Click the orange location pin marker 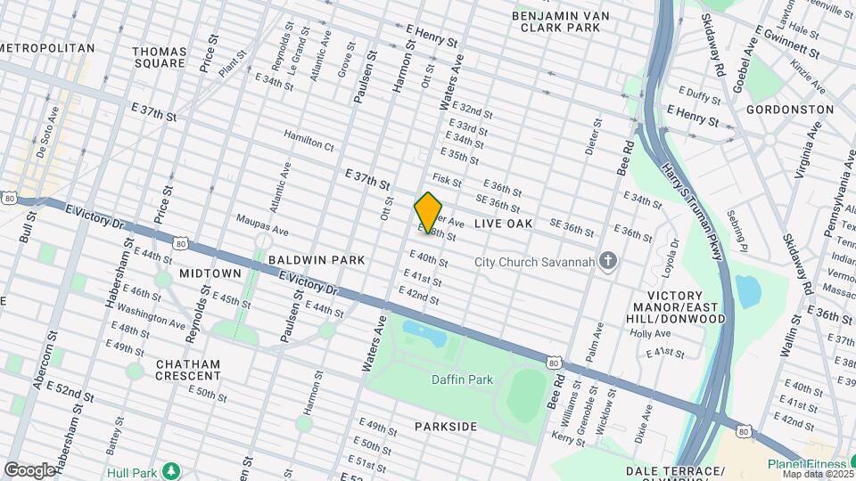coord(428,212)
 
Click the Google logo coord(29,469)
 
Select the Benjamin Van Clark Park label coord(567,22)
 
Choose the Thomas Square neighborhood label coord(160,58)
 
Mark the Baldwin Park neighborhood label coord(317,260)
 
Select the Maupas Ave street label coord(262,224)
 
